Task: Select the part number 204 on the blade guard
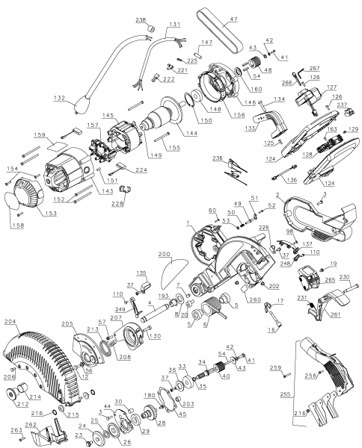(11, 323)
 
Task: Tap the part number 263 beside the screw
(14, 431)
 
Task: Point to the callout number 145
(108, 114)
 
